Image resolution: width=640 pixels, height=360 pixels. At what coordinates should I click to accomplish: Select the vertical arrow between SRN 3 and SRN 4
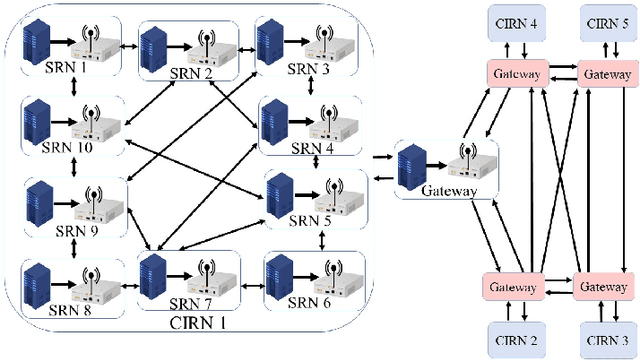point(312,88)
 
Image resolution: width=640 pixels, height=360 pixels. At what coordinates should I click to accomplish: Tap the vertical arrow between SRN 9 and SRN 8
point(75,243)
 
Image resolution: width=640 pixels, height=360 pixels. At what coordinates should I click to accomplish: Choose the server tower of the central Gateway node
point(411,166)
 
